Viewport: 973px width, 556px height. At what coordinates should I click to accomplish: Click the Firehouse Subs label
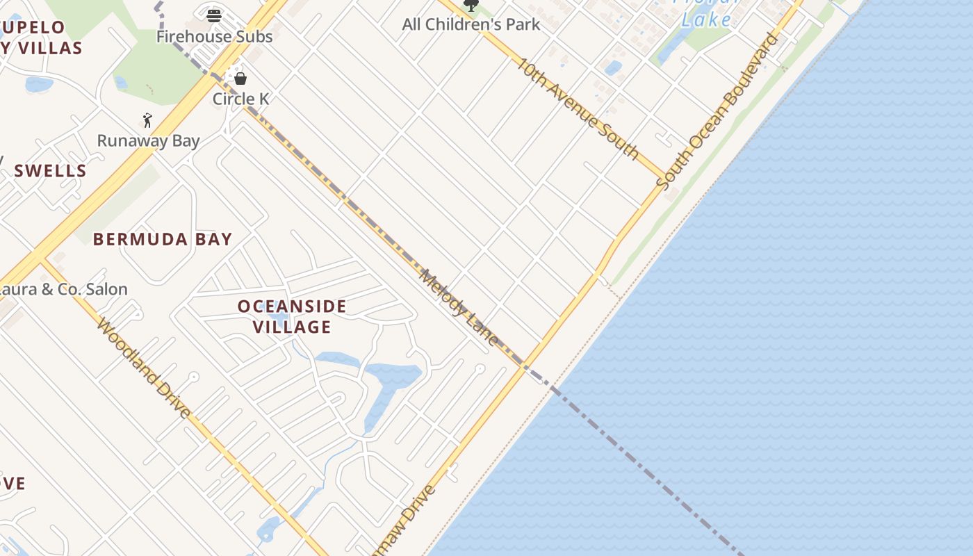click(x=214, y=36)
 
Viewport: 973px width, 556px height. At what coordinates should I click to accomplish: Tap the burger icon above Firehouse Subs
click(x=214, y=15)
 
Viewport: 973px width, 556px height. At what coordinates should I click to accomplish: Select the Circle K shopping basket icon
click(x=240, y=79)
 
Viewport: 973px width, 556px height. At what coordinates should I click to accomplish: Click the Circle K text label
click(x=240, y=99)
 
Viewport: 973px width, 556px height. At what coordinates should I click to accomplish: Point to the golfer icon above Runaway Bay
click(x=147, y=120)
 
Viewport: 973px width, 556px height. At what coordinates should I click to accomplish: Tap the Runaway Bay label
click(x=148, y=140)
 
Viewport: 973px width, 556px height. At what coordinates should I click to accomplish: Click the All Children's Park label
click(x=471, y=24)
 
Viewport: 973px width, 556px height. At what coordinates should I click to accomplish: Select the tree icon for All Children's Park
click(x=471, y=6)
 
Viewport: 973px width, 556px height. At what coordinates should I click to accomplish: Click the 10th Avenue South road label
click(x=578, y=108)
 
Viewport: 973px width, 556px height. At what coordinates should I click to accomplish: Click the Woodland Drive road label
click(x=144, y=368)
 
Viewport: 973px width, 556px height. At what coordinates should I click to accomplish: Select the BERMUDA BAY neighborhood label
click(x=163, y=239)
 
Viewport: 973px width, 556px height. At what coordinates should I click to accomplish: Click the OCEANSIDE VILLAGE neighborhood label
click(x=292, y=316)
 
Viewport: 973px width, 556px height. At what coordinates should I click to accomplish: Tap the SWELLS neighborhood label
click(x=50, y=170)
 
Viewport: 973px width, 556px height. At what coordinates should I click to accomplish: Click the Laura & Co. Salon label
click(x=63, y=289)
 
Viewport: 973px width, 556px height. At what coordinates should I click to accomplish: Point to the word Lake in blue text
click(x=706, y=19)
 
